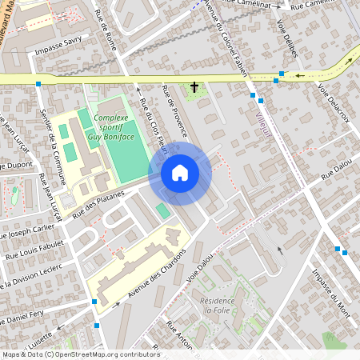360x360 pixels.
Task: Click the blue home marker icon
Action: point(180,172)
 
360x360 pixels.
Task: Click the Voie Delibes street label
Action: point(287,35)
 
